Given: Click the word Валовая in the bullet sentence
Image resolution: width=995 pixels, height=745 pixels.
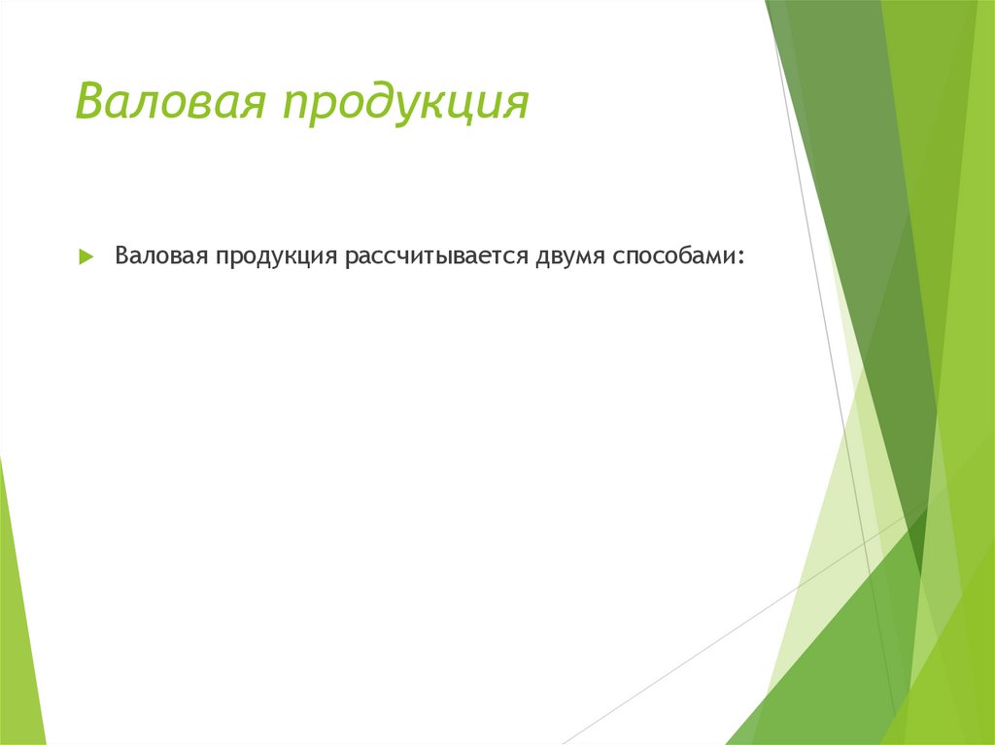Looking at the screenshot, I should point(159,256).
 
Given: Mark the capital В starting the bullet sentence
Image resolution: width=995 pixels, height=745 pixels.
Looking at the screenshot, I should point(122,256).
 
